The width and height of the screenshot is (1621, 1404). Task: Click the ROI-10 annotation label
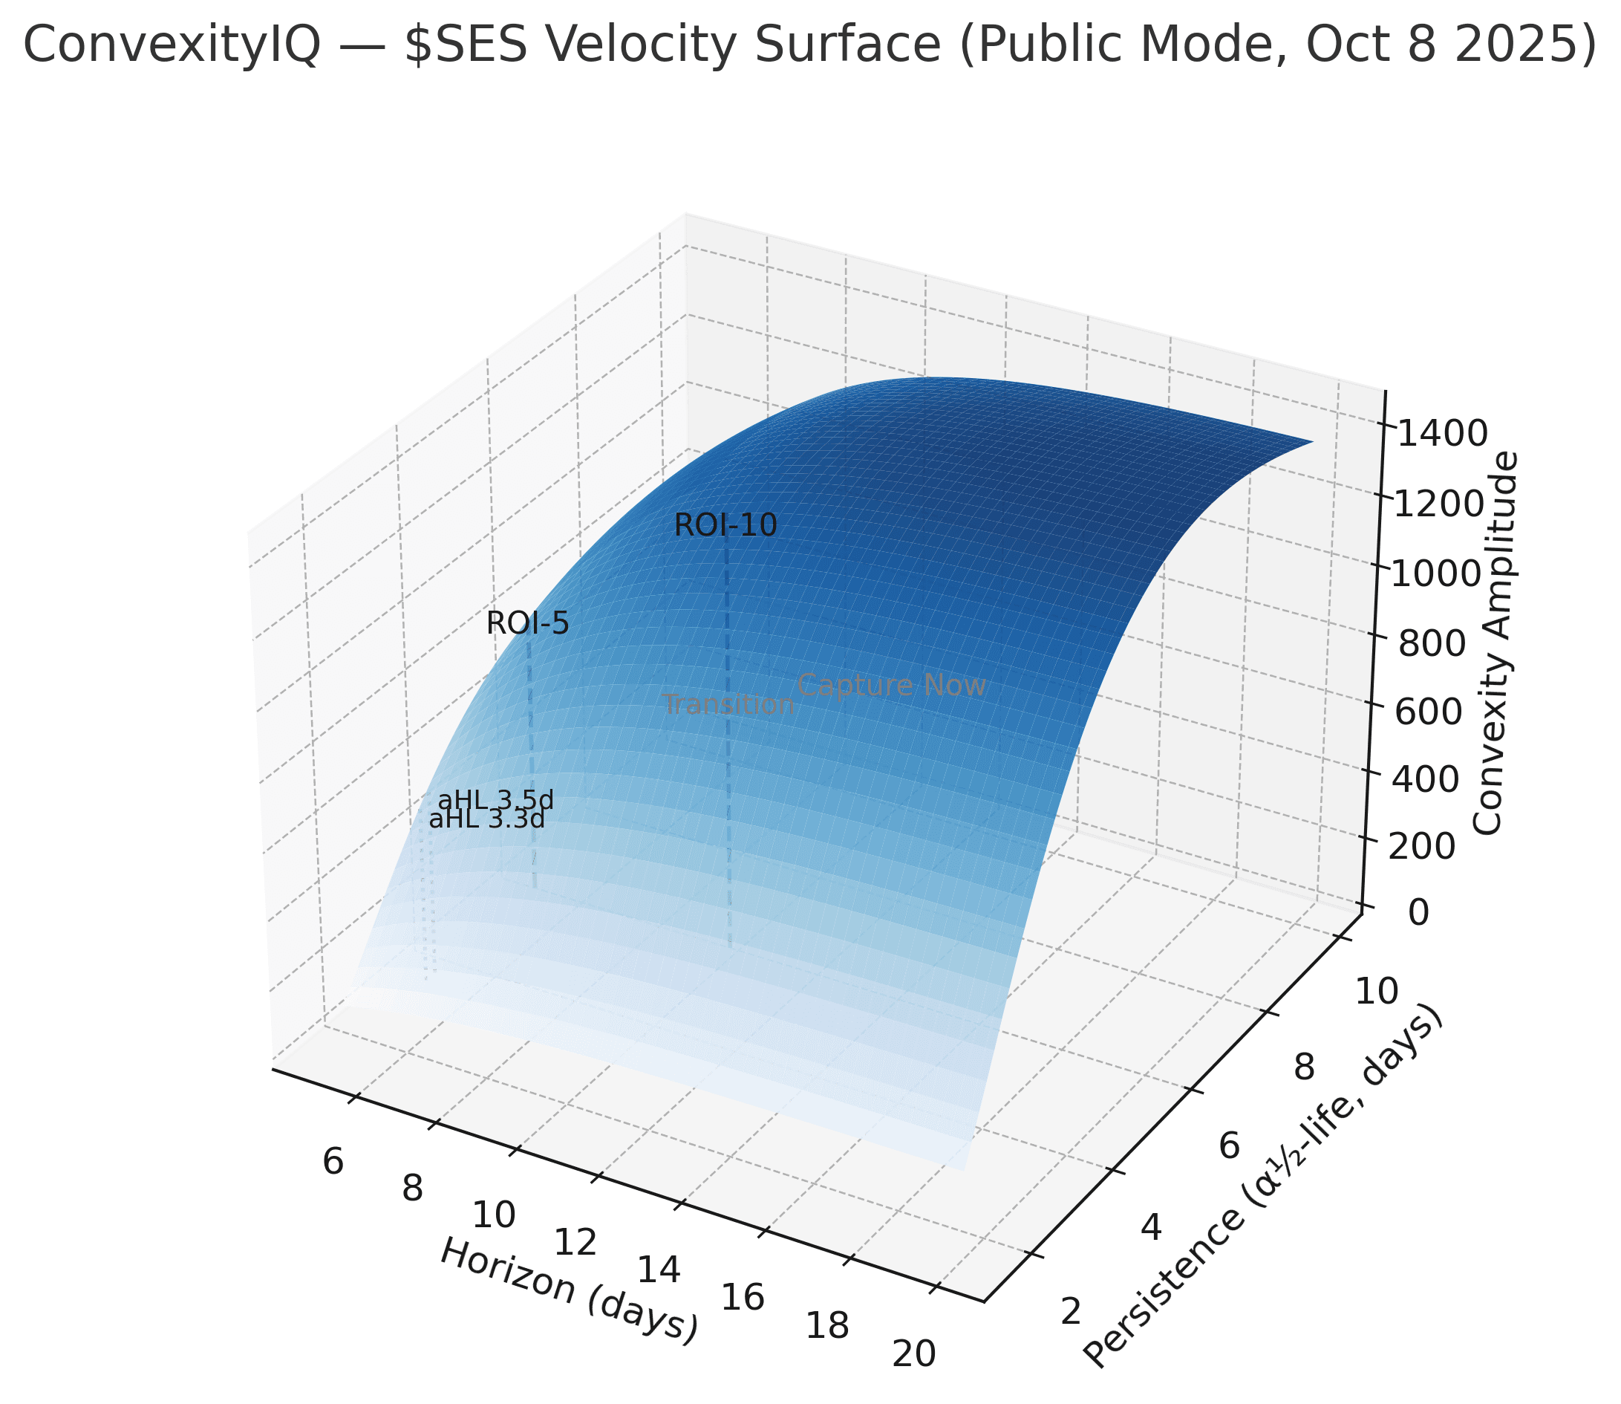pos(725,526)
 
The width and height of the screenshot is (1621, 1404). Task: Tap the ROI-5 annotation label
pos(527,624)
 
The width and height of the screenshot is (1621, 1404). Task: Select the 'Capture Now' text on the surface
pos(891,686)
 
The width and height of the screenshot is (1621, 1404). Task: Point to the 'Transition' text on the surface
pos(728,705)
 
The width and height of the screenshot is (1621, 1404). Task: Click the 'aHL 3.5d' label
pos(496,801)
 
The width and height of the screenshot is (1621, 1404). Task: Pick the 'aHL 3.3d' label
pos(486,820)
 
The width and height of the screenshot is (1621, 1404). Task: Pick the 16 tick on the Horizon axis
pos(742,1298)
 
